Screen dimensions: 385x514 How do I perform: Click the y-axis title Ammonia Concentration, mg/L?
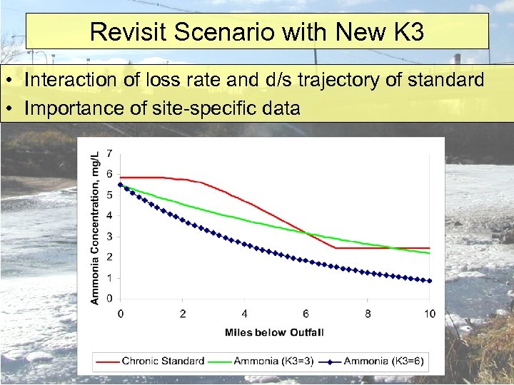point(94,226)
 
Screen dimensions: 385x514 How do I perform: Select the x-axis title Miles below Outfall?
point(274,332)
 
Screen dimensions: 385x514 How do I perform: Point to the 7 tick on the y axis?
point(109,153)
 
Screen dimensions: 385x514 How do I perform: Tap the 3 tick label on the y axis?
point(109,237)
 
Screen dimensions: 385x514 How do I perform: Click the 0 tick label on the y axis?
point(109,298)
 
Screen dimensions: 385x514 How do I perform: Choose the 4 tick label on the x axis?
point(244,314)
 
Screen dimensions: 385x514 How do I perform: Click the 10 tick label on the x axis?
point(429,314)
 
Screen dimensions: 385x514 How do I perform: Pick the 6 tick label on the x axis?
point(306,314)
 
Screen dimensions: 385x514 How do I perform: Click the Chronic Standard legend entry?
point(163,361)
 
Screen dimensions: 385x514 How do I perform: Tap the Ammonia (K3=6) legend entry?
point(384,361)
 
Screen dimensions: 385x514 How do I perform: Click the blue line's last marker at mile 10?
point(429,281)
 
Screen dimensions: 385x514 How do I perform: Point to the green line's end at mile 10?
point(429,253)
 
